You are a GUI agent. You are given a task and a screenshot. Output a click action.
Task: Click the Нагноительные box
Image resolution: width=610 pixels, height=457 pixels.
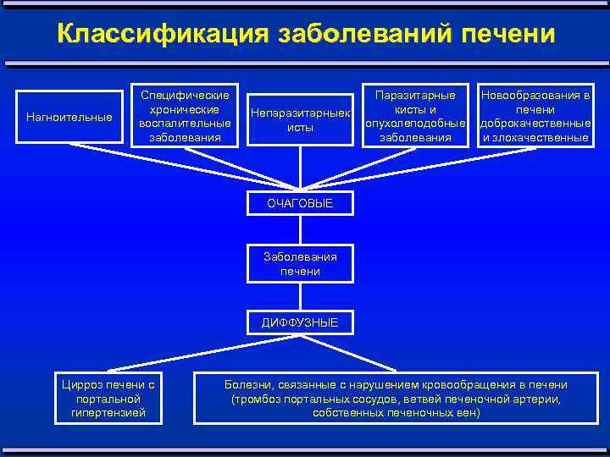coord(69,117)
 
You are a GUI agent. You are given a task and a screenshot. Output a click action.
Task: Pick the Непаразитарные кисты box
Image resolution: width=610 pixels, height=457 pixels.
coord(300,119)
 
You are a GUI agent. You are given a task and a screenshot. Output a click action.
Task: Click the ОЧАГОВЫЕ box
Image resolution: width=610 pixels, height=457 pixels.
coord(300,203)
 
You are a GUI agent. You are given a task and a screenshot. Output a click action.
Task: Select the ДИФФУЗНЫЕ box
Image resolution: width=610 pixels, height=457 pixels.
coord(300,322)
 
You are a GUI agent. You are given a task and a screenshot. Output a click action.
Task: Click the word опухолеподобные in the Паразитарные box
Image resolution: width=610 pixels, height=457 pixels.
coord(415,124)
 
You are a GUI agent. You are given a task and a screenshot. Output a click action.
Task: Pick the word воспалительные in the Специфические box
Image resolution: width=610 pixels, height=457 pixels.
coord(184,124)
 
